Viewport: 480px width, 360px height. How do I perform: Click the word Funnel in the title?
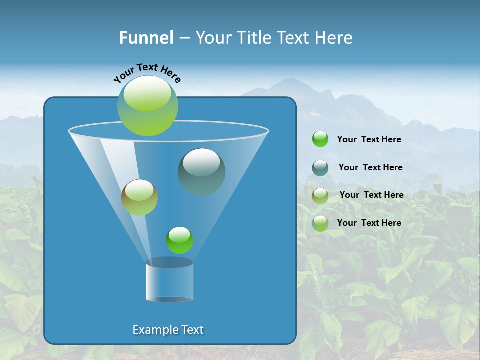click(x=146, y=38)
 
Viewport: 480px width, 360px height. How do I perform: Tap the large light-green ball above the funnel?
click(x=148, y=106)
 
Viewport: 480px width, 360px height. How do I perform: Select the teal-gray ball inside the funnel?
click(x=202, y=171)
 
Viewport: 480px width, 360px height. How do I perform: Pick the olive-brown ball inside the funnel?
click(x=139, y=197)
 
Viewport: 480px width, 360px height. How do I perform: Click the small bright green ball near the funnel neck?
click(x=179, y=240)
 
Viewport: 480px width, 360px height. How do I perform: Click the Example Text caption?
click(x=168, y=330)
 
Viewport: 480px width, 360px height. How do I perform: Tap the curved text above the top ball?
click(x=147, y=72)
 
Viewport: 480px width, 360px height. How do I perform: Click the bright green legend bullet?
click(x=320, y=139)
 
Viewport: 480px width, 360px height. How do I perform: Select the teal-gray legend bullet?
click(x=320, y=168)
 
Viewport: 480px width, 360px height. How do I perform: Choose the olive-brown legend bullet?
click(x=320, y=196)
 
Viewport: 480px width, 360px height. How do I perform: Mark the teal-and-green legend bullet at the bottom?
click(x=320, y=223)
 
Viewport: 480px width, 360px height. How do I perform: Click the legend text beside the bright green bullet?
click(x=369, y=140)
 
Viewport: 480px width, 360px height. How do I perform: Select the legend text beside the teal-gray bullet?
click(x=370, y=168)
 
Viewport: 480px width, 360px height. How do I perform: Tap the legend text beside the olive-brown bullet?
click(x=371, y=195)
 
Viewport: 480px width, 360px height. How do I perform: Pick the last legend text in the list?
click(x=369, y=223)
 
